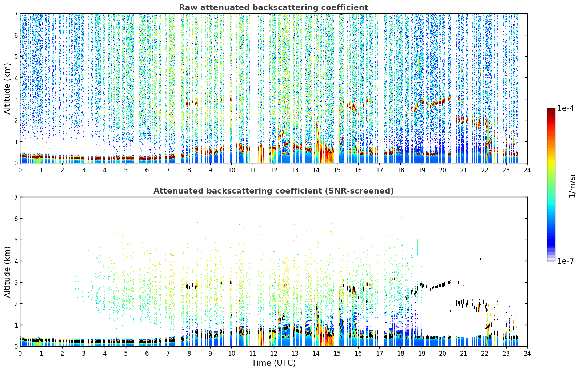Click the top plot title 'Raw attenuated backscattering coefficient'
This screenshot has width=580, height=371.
(273, 8)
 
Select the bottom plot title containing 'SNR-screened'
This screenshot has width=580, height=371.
(273, 191)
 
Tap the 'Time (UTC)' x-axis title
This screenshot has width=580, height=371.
(273, 363)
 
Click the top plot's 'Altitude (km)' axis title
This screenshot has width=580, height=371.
(7, 89)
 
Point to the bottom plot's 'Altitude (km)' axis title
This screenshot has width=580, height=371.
(7, 272)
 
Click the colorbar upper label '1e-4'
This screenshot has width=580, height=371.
(565, 108)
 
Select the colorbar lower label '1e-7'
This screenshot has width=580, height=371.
(565, 261)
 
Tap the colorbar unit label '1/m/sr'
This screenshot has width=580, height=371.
(572, 185)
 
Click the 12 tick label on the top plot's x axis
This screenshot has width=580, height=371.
(274, 170)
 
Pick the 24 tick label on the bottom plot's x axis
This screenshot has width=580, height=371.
(527, 354)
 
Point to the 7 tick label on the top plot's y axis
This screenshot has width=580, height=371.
(16, 14)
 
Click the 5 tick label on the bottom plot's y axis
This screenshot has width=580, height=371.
(16, 240)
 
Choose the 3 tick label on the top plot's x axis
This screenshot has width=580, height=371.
(84, 170)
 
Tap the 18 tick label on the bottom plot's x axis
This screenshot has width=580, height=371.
(401, 354)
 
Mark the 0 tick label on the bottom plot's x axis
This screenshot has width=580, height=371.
(20, 354)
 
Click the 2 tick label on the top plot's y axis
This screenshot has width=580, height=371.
(16, 120)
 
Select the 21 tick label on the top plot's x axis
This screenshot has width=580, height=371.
(464, 170)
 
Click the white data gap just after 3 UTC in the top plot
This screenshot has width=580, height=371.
(86, 85)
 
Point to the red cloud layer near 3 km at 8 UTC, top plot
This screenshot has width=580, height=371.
(189, 103)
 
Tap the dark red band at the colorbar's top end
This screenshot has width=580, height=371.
(551, 110)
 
